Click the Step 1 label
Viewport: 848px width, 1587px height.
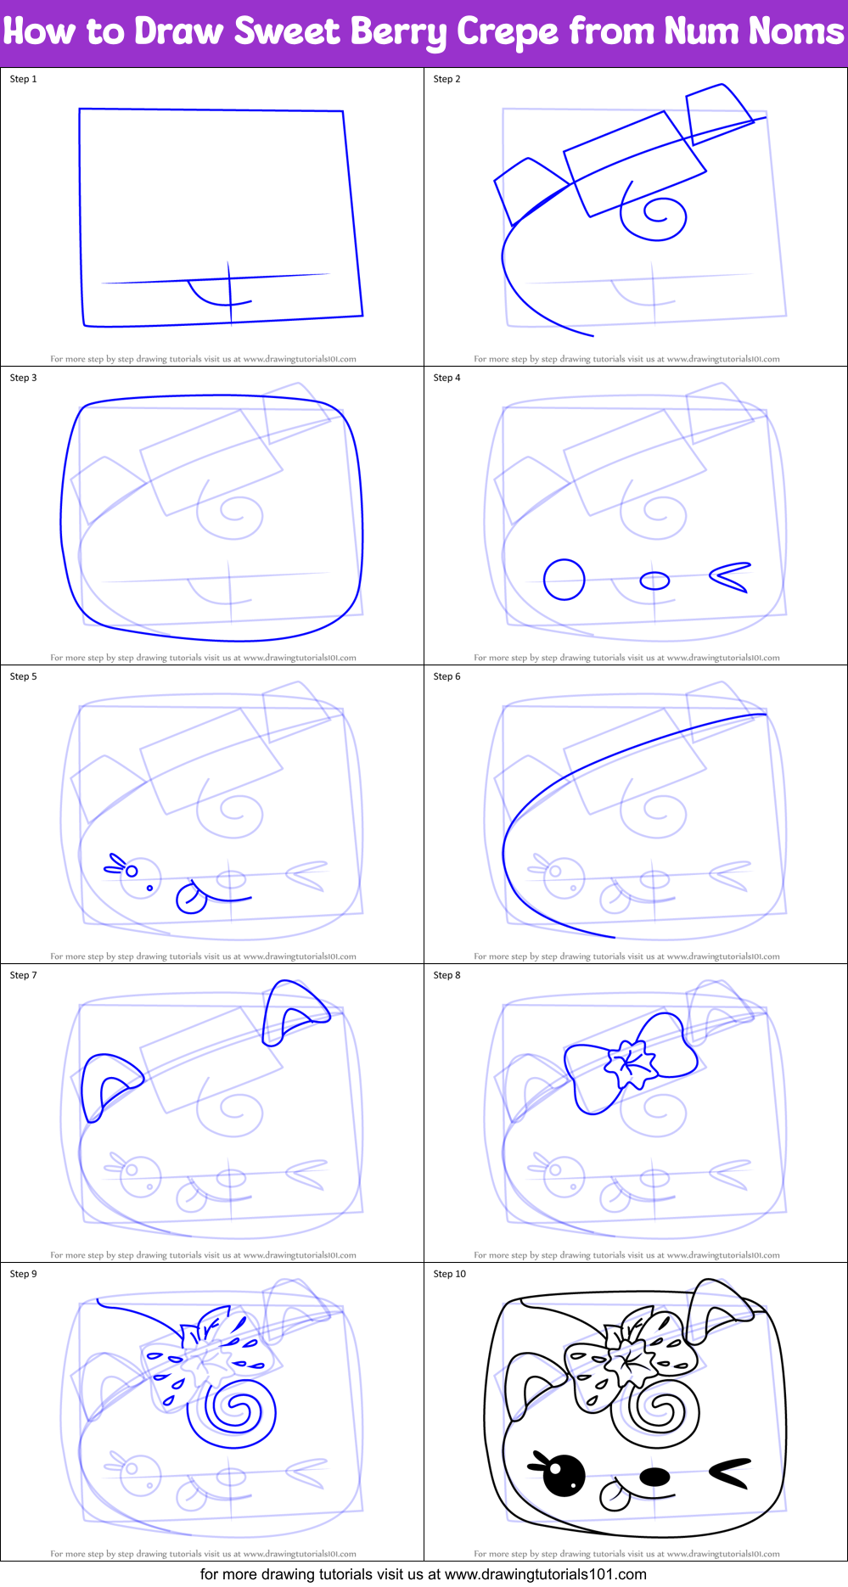[24, 79]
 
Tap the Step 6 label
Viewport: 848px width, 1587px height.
[446, 676]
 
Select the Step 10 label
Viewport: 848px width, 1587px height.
[449, 1274]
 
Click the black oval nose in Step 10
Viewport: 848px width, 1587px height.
[654, 1477]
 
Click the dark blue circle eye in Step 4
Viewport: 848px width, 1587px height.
[564, 580]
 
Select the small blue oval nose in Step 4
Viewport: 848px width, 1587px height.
[654, 580]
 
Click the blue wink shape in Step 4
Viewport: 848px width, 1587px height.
[729, 577]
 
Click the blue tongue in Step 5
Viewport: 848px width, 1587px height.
[190, 899]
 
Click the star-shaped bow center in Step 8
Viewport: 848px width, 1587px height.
[631, 1063]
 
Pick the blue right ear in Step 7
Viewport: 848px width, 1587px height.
[291, 1011]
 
